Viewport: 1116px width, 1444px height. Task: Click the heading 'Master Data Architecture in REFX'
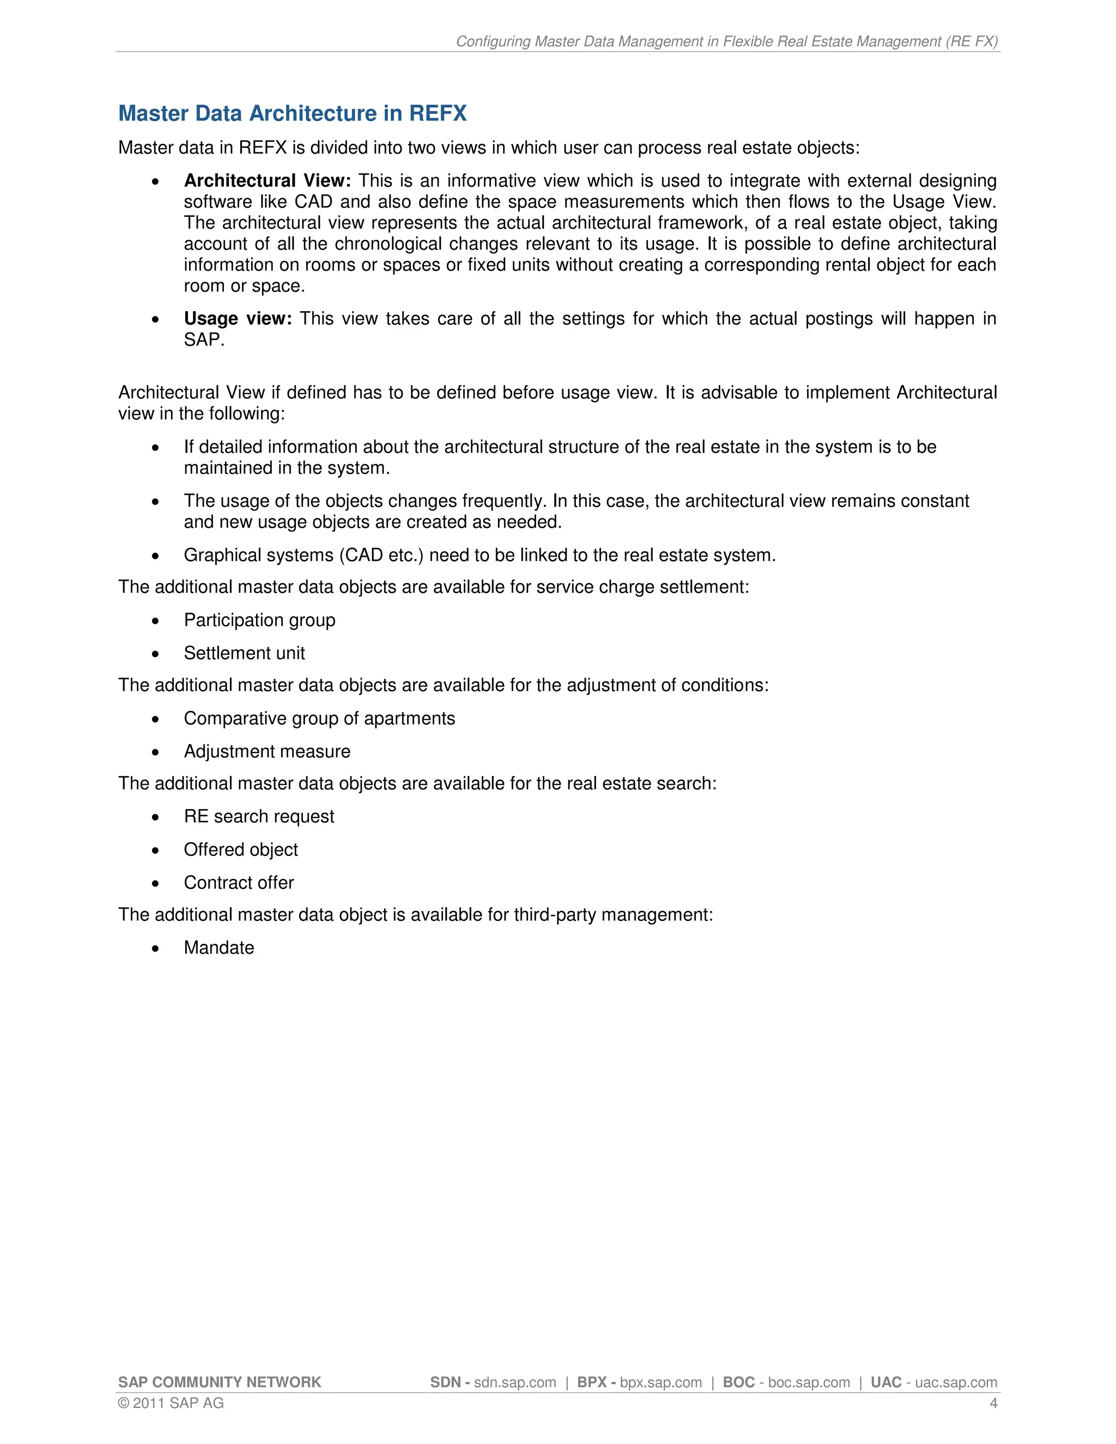[292, 114]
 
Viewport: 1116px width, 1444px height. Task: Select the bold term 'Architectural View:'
[267, 180]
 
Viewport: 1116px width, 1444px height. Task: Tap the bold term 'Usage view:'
[238, 319]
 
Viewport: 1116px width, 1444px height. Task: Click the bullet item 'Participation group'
[259, 620]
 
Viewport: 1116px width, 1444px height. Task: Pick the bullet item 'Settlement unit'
[244, 653]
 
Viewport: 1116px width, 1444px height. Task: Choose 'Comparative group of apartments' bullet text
[319, 719]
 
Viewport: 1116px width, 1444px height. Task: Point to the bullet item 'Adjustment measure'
[266, 752]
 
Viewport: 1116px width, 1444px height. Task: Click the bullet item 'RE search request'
[258, 817]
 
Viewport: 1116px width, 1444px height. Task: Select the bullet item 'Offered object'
[241, 850]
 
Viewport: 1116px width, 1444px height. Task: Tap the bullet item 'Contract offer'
[239, 883]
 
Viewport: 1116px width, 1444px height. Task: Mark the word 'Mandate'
[219, 948]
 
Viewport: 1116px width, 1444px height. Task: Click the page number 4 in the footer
[993, 1403]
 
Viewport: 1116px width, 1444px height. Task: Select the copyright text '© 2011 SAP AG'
[171, 1403]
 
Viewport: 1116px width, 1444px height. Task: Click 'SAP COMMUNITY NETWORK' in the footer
[220, 1382]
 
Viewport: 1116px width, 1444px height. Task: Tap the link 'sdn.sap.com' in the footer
[515, 1382]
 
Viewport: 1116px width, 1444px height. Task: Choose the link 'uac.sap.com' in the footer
[956, 1382]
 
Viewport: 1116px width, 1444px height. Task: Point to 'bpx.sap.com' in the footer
[660, 1382]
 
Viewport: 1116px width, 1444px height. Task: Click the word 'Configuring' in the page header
[493, 41]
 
